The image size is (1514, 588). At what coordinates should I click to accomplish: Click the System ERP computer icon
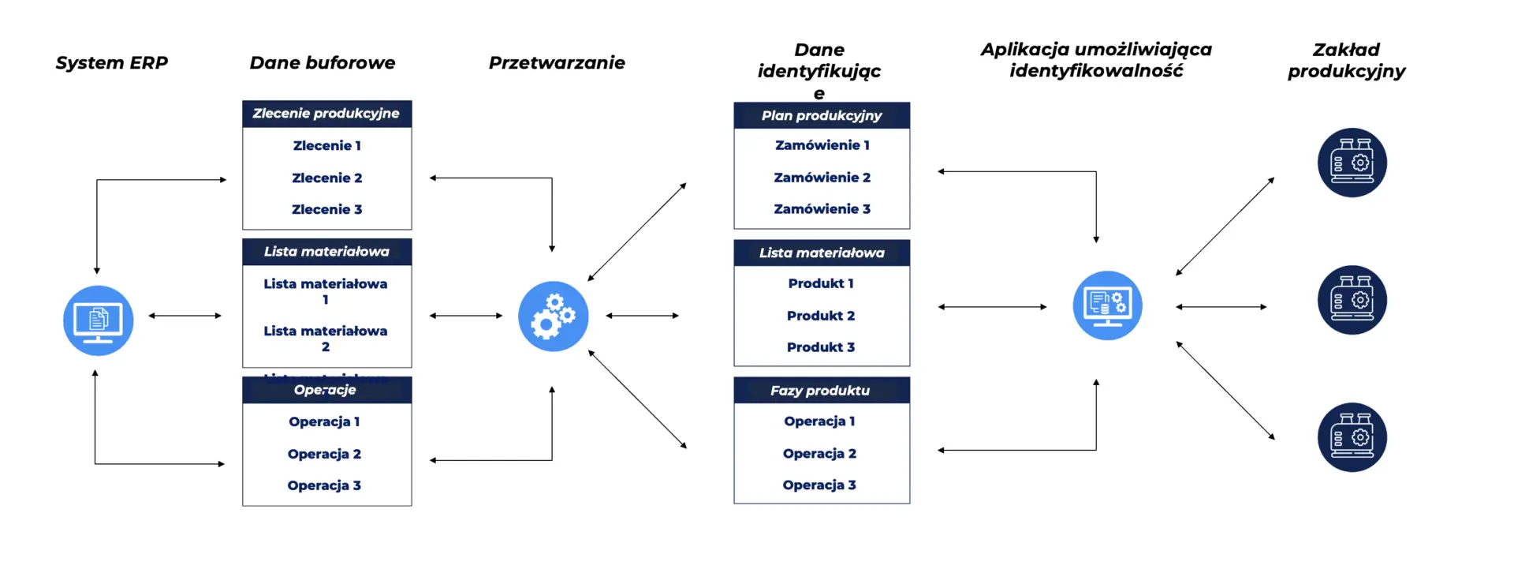[98, 320]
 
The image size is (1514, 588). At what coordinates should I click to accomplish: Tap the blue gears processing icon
[553, 316]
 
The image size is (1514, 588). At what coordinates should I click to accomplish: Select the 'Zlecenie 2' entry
[326, 178]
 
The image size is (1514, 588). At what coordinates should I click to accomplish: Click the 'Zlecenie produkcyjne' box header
[326, 114]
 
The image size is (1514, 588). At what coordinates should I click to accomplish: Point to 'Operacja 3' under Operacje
[324, 485]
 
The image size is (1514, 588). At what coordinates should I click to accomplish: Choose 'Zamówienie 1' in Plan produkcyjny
[822, 145]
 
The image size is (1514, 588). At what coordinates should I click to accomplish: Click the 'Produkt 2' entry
[820, 316]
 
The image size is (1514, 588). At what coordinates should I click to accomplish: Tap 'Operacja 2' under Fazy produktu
[819, 454]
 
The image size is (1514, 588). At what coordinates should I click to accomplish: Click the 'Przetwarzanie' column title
[557, 63]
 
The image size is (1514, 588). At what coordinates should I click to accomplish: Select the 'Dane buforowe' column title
[323, 63]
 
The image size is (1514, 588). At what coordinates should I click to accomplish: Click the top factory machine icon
[1352, 163]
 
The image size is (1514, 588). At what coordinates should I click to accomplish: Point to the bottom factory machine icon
[1352, 437]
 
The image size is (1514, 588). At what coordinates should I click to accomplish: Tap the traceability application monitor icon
[1107, 305]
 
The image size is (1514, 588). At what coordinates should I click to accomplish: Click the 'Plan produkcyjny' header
[822, 115]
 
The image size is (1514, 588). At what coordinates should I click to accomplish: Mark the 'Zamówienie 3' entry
[822, 209]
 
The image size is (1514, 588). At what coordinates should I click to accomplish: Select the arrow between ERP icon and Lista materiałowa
[185, 316]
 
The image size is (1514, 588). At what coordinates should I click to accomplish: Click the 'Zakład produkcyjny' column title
[1346, 60]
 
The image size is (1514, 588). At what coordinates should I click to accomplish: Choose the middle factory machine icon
[1352, 300]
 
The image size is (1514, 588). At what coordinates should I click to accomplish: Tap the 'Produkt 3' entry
[820, 347]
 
